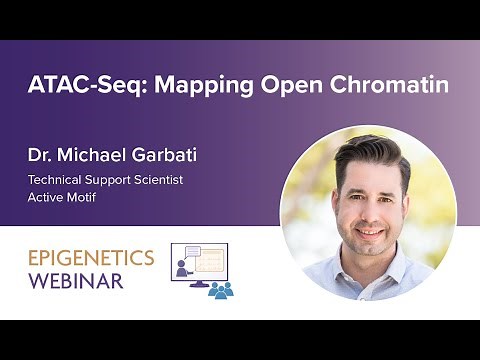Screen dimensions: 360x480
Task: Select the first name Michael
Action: (x=95, y=156)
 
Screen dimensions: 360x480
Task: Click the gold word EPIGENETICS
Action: (x=91, y=258)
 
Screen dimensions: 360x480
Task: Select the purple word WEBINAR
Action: (x=76, y=281)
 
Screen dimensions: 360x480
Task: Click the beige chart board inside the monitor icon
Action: (x=211, y=261)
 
